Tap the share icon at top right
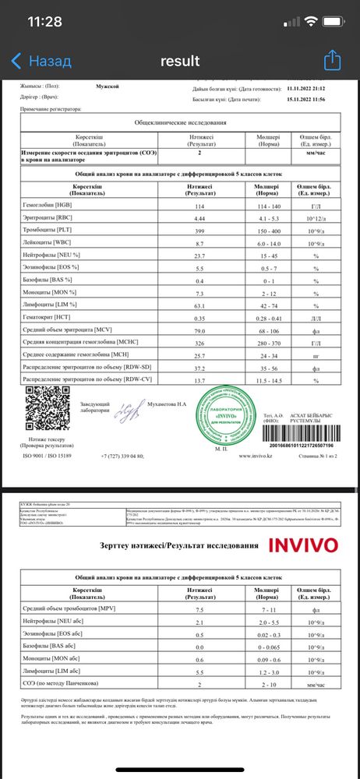[333, 60]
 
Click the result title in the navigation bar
[180, 61]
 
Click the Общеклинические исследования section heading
[180, 123]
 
